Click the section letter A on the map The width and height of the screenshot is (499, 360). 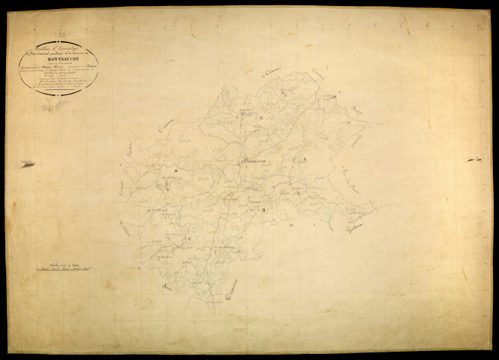[303, 160]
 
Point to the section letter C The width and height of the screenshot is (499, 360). [189, 238]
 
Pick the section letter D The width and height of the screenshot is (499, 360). [175, 171]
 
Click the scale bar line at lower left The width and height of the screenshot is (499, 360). [67, 268]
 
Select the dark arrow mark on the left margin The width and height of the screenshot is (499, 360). [27, 163]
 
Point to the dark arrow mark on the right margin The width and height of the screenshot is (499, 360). [473, 160]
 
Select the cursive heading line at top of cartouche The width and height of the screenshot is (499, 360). [59, 47]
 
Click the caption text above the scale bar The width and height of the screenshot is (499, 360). [66, 261]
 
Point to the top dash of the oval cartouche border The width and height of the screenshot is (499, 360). [59, 41]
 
